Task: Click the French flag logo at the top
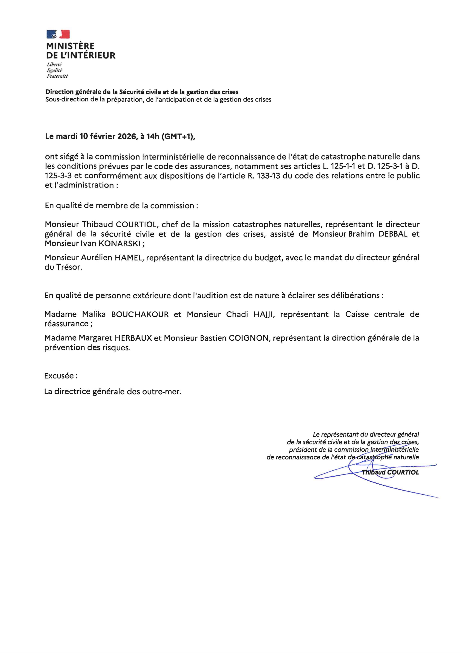[x=58, y=34]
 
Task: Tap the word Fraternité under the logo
[x=57, y=76]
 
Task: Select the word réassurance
[x=66, y=324]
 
